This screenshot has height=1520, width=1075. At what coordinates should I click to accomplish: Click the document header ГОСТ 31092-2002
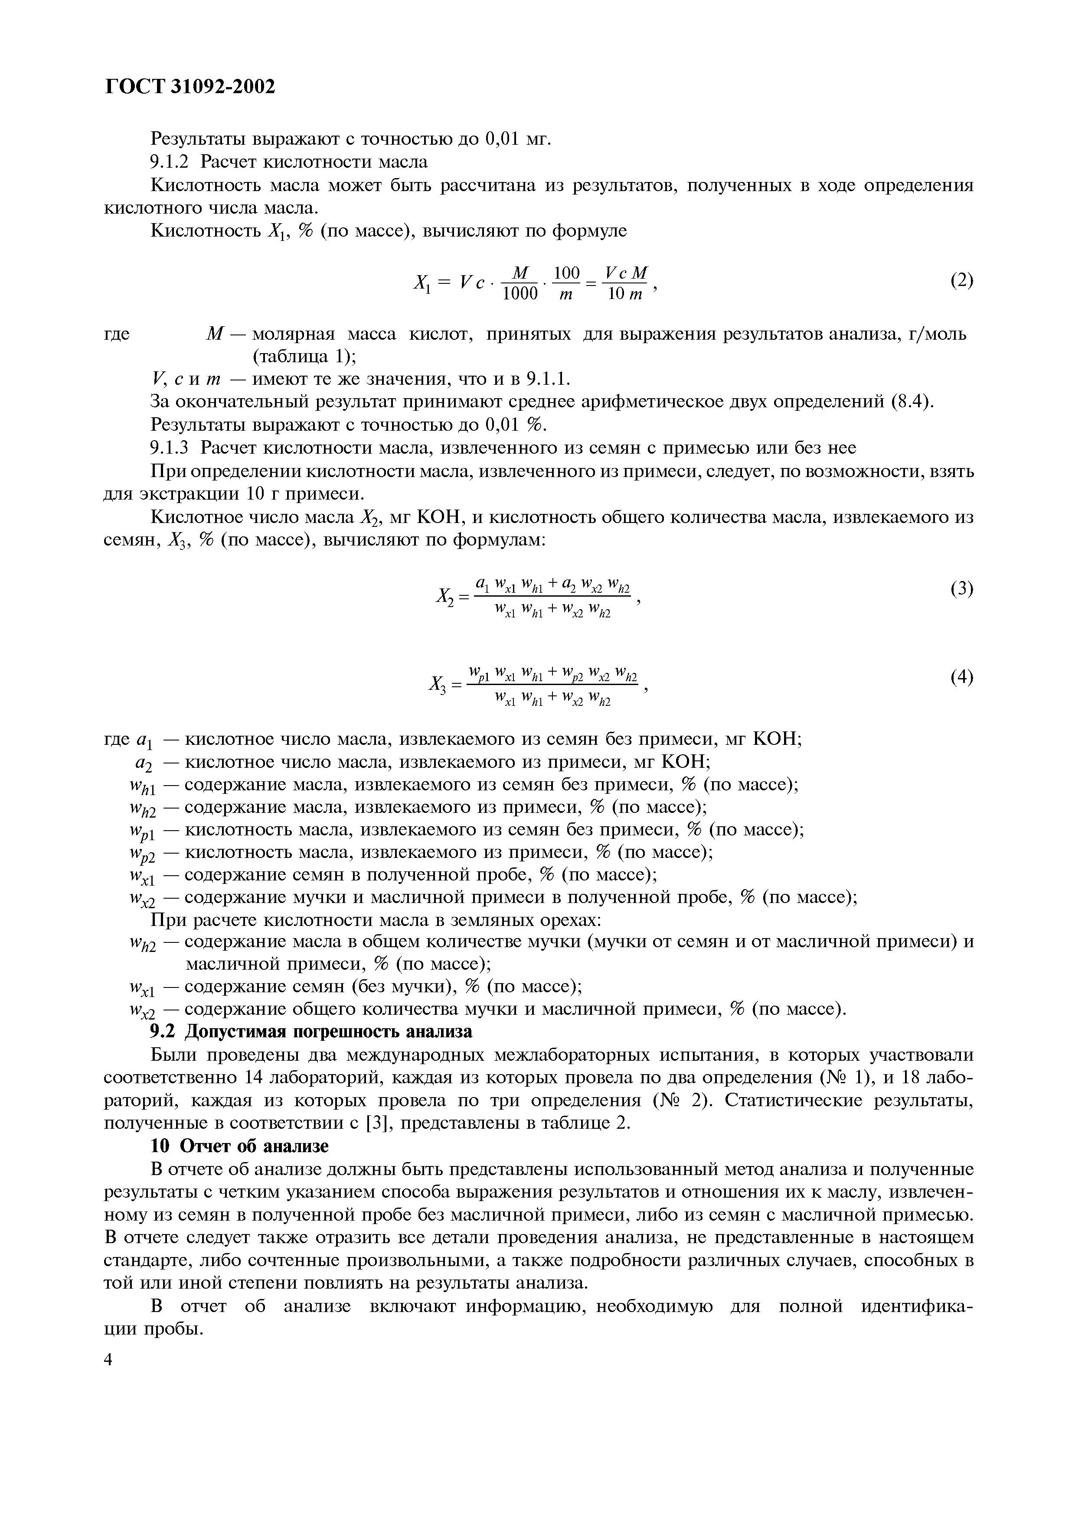[x=190, y=87]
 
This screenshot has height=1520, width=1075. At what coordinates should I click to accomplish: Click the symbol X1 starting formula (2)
[x=422, y=283]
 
